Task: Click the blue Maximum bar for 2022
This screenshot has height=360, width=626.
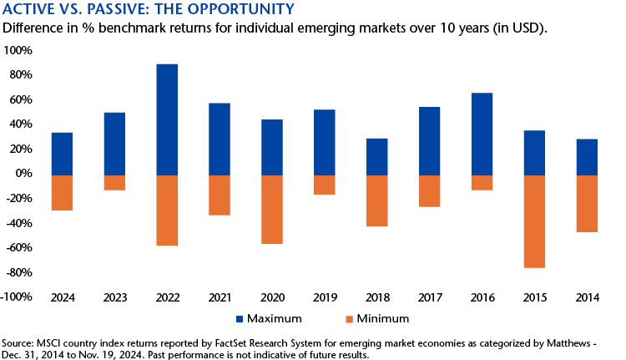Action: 167,119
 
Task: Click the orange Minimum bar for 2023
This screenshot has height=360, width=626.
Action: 114,182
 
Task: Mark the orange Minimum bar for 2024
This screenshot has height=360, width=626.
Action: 62,192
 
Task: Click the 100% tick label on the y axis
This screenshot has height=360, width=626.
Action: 18,50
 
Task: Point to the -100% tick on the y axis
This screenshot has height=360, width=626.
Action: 17,297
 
